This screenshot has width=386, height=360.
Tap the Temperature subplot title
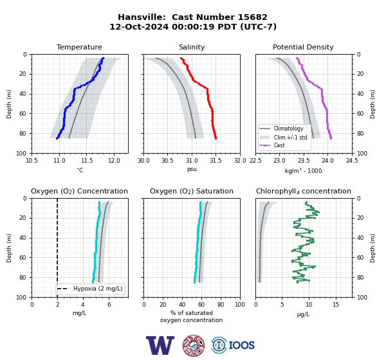click(79, 47)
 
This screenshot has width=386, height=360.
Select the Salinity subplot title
click(192, 47)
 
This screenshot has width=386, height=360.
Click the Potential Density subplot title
click(303, 47)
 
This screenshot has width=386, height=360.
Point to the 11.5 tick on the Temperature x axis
click(86, 161)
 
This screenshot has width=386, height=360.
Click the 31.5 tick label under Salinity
click(216, 161)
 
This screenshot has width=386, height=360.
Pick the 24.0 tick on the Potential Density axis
click(327, 161)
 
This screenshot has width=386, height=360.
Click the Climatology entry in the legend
click(288, 129)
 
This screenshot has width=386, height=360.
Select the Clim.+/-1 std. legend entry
click(291, 138)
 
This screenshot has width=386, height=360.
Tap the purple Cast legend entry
click(279, 145)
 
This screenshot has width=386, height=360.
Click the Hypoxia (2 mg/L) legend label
click(98, 289)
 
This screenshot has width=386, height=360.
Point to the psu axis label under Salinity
click(192, 169)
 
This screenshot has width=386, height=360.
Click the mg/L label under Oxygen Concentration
click(79, 313)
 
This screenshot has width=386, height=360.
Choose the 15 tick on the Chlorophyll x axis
click(336, 305)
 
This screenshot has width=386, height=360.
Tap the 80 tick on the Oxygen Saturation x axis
click(221, 305)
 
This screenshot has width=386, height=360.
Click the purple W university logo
click(160, 345)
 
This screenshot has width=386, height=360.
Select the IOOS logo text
click(241, 345)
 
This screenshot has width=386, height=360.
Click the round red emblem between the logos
click(194, 345)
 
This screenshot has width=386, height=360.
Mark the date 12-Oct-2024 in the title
click(139, 26)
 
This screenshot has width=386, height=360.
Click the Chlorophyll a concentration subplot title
click(303, 191)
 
